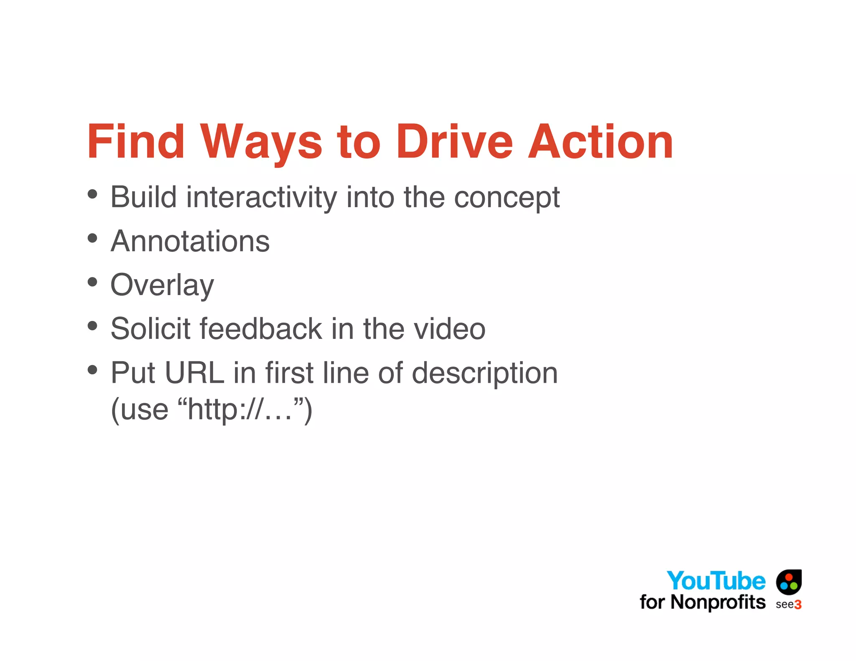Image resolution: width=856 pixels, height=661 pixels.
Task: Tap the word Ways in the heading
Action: pyautogui.click(x=261, y=142)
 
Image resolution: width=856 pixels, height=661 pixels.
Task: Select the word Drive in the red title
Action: pyautogui.click(x=454, y=142)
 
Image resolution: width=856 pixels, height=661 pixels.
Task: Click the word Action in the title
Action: pyautogui.click(x=600, y=142)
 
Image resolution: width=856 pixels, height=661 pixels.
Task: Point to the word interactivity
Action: pyautogui.click(x=261, y=197)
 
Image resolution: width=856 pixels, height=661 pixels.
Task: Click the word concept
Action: pyautogui.click(x=507, y=197)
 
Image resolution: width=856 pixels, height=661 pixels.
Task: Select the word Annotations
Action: pyautogui.click(x=190, y=242)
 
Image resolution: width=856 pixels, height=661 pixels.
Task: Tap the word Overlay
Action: pyautogui.click(x=162, y=285)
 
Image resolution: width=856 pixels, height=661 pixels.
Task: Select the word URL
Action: pyautogui.click(x=194, y=373)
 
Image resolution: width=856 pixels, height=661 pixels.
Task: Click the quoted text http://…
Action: pyautogui.click(x=240, y=409)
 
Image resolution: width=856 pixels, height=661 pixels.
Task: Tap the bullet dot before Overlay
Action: pyautogui.click(x=92, y=282)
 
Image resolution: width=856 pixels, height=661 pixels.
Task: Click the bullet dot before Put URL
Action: pyautogui.click(x=92, y=369)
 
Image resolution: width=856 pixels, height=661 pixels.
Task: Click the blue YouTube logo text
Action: pyautogui.click(x=716, y=581)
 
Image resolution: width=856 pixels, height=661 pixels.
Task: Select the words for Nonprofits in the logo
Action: pyautogui.click(x=702, y=603)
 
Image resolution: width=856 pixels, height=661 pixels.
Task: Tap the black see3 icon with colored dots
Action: pyautogui.click(x=789, y=582)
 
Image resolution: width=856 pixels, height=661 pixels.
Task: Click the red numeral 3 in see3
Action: pyautogui.click(x=797, y=605)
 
